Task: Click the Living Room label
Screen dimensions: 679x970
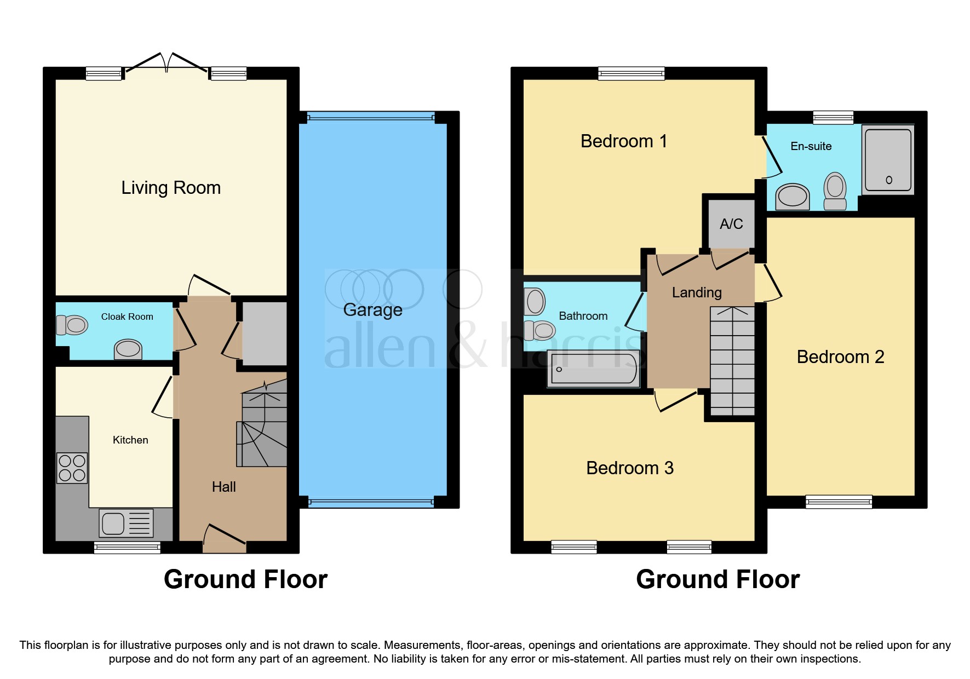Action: coord(171,188)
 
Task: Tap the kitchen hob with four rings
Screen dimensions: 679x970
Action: coord(72,468)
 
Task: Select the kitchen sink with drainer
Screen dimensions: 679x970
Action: coord(126,523)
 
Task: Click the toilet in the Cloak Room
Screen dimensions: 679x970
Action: coord(72,325)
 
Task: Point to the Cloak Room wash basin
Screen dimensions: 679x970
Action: coord(128,349)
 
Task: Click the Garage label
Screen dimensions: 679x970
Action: coord(372,310)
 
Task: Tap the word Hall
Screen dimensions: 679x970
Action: coord(223,487)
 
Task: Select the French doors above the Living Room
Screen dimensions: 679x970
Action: coord(167,63)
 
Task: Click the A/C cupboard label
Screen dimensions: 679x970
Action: coord(731,224)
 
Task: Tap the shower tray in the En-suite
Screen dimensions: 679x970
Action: coord(887,160)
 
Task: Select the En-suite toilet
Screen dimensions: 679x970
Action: coord(835,191)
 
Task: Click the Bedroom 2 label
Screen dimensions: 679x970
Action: coord(840,357)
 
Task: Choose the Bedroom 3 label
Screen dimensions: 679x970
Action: coord(629,468)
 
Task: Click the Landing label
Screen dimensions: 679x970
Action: coord(697,292)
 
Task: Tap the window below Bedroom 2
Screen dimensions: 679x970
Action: coord(839,502)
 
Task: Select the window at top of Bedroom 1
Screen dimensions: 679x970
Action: coord(632,73)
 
